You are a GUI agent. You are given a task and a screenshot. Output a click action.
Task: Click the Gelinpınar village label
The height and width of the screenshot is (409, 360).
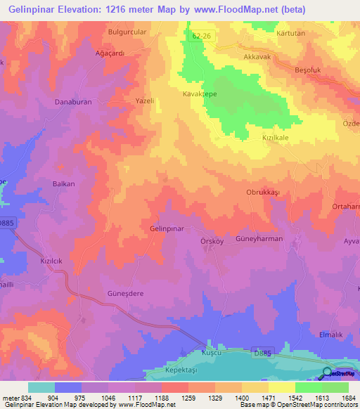click(167, 229)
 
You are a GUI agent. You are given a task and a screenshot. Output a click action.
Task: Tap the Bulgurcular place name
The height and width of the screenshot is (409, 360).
click(125, 32)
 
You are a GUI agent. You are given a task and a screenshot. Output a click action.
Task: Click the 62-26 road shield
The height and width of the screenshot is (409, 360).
click(200, 34)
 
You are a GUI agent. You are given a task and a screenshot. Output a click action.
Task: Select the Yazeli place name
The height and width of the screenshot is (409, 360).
click(144, 101)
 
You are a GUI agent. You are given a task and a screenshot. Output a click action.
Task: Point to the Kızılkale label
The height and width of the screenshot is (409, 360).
click(276, 138)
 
